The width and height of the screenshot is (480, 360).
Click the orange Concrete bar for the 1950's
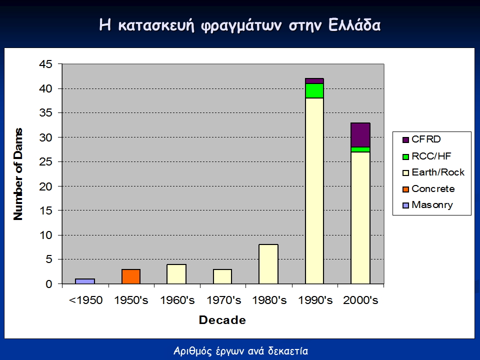click(131, 276)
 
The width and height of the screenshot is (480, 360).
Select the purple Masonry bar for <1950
click(85, 281)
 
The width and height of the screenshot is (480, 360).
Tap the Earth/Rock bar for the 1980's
click(268, 264)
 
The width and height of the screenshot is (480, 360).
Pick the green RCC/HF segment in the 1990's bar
click(314, 90)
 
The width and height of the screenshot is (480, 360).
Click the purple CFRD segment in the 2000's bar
click(360, 135)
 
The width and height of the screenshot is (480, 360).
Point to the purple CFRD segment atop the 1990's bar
click(314, 81)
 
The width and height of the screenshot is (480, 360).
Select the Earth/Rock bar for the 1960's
click(176, 274)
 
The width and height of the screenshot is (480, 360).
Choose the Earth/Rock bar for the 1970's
click(222, 276)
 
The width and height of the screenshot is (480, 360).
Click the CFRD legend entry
click(421, 139)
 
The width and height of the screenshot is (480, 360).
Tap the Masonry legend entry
click(427, 205)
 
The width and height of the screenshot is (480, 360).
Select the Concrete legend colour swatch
click(405, 189)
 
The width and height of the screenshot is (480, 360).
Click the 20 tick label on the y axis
click(45, 186)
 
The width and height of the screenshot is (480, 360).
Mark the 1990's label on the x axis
click(315, 300)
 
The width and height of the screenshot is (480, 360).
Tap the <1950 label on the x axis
click(85, 300)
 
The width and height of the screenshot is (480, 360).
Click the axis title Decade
click(222, 320)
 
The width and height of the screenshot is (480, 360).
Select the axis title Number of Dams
click(18, 174)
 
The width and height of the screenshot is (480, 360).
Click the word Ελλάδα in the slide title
click(354, 25)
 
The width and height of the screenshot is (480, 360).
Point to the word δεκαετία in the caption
click(288, 351)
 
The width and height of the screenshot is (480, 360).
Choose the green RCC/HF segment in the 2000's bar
click(360, 149)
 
